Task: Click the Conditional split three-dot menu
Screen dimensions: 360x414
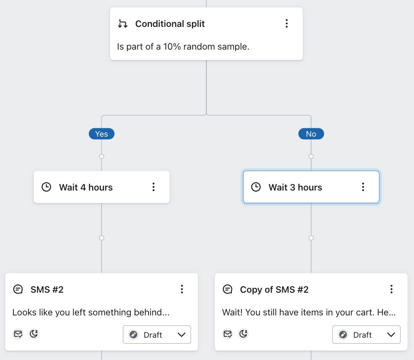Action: pos(287,24)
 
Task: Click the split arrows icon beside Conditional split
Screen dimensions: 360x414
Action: pos(122,24)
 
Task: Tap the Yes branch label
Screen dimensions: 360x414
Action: pos(101,134)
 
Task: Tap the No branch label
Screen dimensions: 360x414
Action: pos(311,134)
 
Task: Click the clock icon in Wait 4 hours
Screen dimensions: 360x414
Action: pos(46,187)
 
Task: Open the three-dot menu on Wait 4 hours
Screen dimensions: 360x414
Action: pos(154,187)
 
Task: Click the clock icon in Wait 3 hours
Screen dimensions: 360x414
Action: pos(256,187)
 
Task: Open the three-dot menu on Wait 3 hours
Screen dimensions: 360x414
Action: pos(363,187)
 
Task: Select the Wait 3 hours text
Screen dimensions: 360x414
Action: pos(295,187)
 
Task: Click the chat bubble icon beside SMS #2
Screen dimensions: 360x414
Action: pos(18,289)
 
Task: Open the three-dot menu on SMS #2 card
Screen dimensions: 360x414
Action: pos(182,289)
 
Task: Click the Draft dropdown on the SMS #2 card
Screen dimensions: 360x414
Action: pos(157,335)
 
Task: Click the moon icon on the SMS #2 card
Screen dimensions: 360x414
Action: pos(34,334)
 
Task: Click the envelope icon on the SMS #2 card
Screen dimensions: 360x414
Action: pos(18,334)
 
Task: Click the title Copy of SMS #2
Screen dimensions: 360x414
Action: pos(274,289)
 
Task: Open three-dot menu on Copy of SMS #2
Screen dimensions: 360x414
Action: pos(391,289)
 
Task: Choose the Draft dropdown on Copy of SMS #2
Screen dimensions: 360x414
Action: pos(366,335)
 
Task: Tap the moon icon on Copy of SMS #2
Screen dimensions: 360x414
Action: pos(243,334)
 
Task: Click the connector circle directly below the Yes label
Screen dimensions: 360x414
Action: pos(101,156)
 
